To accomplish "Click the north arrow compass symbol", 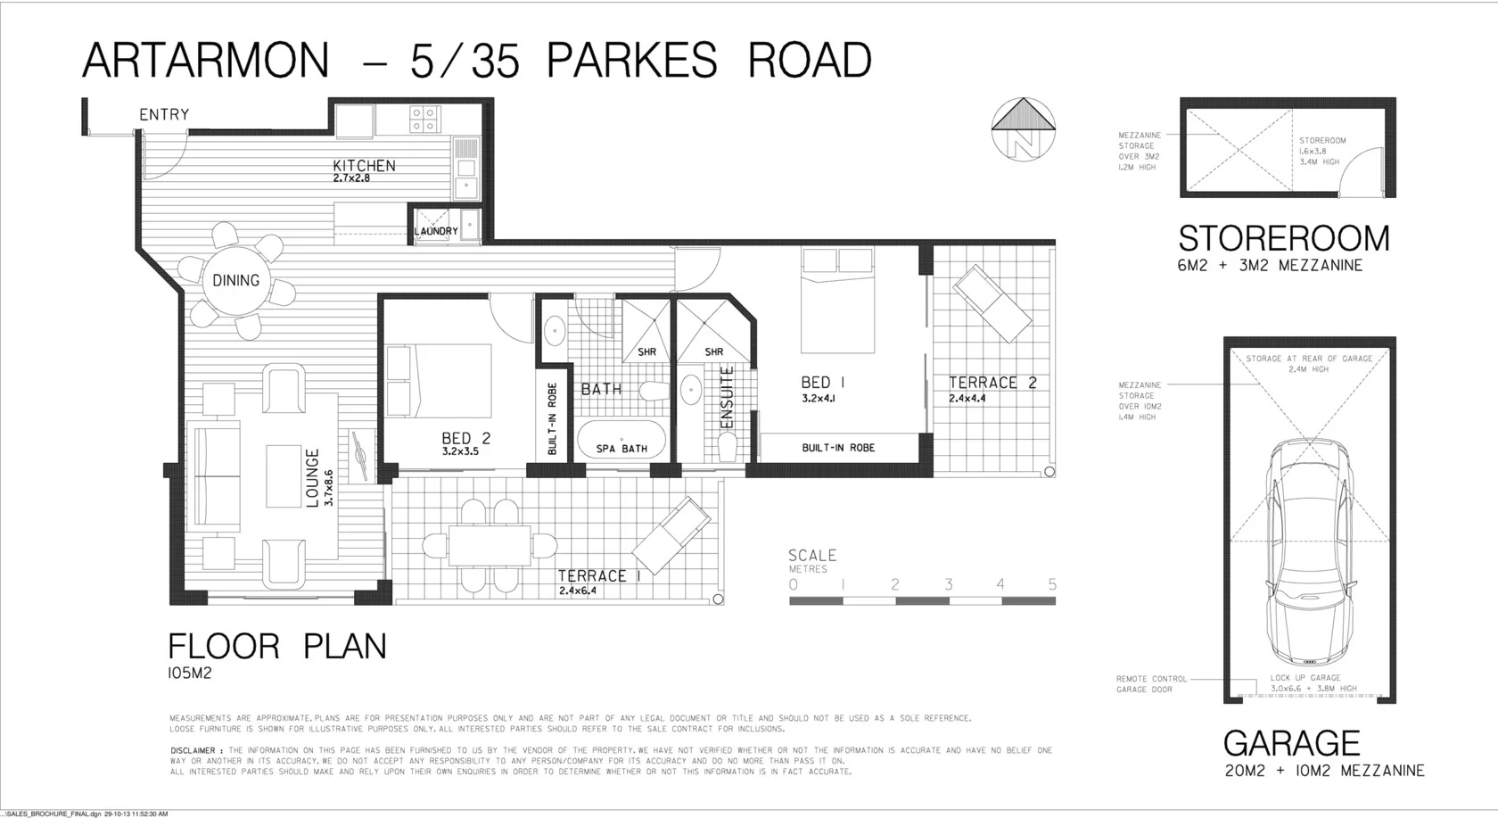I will (x=1024, y=128).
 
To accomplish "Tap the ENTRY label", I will (x=164, y=114).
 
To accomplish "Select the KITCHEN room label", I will (x=364, y=165).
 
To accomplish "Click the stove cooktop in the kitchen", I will (x=424, y=120).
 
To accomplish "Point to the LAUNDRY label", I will (x=436, y=231).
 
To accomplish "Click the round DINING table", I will (x=236, y=280).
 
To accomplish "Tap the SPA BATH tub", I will (x=621, y=440).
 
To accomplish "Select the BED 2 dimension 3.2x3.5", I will (x=460, y=451).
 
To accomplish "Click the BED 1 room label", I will (x=822, y=383).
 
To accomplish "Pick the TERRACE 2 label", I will (x=992, y=383).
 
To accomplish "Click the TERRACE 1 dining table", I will (x=490, y=543).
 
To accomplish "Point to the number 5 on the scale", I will (x=1052, y=584).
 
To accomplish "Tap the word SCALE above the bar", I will (x=812, y=555).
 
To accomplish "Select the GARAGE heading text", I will (x=1291, y=743).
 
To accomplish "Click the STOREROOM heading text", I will (x=1283, y=238).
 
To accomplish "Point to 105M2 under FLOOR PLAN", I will (x=189, y=673).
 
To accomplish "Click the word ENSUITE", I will (x=726, y=397).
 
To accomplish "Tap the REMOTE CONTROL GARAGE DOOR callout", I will (x=1151, y=684).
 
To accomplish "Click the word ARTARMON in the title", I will (x=206, y=61).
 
